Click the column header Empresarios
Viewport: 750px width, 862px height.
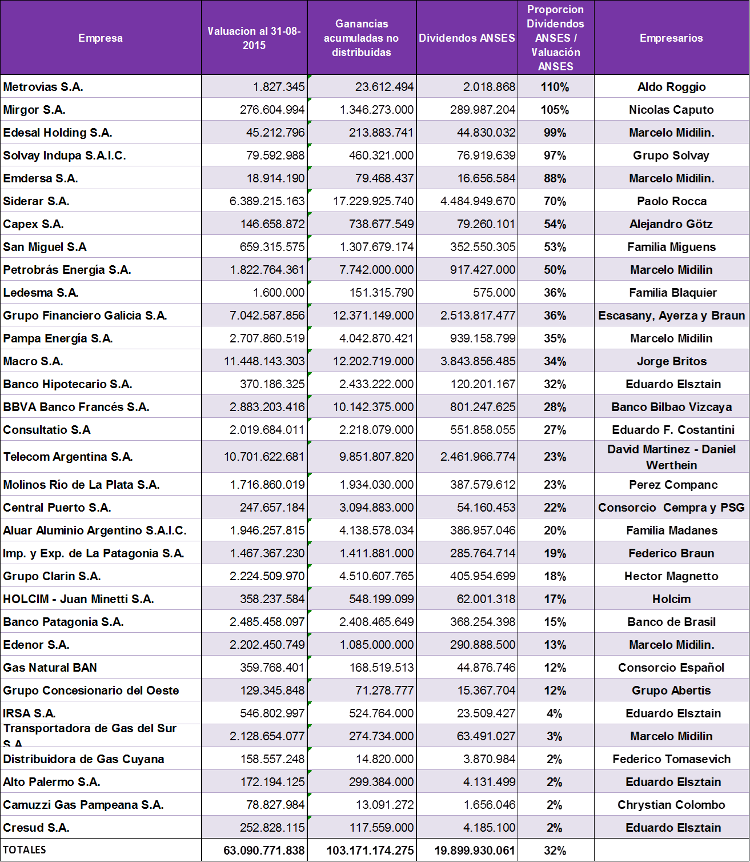671,38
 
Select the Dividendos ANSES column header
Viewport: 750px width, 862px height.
467,38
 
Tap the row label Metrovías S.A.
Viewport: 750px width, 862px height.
43,87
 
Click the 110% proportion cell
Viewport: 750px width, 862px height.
555,87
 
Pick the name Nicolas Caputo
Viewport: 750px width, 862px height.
671,110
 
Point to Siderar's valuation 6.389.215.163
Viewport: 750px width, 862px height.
267,201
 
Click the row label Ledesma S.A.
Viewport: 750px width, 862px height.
41,293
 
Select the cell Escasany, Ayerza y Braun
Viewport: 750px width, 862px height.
671,316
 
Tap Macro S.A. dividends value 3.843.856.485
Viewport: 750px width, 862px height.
478,361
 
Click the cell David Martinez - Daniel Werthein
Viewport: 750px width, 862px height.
671,457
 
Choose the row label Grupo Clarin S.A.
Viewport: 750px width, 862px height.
52,576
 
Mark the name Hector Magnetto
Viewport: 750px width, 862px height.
671,576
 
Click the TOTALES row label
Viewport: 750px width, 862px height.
25,850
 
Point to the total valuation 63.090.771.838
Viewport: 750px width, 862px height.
264,851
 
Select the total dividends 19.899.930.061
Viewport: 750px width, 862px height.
475,851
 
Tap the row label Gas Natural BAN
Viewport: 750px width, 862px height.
50,668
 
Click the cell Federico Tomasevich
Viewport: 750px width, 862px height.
671,759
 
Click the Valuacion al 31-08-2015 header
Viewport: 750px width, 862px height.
254,38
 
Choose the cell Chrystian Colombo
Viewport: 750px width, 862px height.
671,805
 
